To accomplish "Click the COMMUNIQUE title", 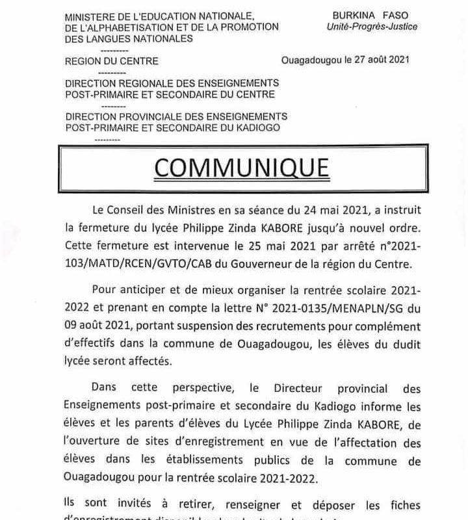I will coord(241,167).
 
